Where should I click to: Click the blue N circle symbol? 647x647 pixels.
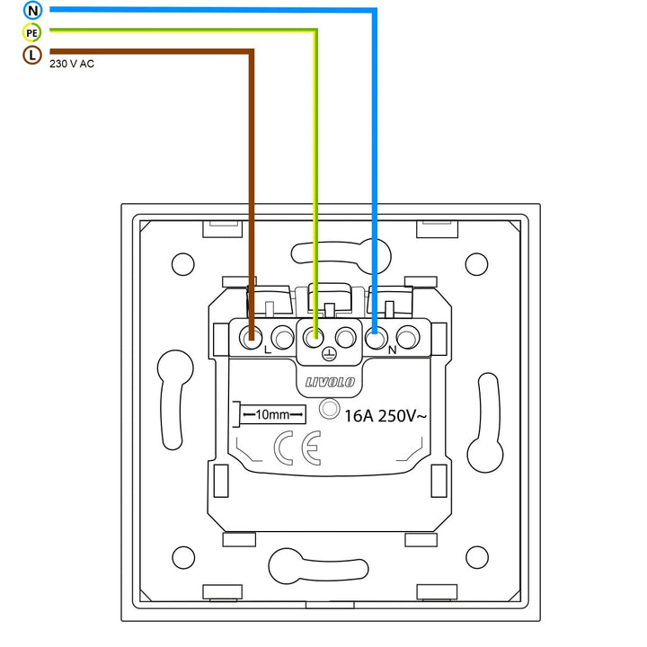(33, 11)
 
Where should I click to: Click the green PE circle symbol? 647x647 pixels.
(33, 33)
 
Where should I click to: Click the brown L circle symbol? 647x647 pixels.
(33, 56)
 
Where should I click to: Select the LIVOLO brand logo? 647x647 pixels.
(330, 383)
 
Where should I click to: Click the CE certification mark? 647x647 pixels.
(297, 448)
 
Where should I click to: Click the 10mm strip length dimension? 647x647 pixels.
(270, 414)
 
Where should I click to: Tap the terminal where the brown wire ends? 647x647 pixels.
(252, 339)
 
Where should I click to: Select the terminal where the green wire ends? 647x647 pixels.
(315, 339)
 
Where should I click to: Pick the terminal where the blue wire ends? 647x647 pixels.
(376, 339)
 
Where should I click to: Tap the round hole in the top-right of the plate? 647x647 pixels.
(476, 263)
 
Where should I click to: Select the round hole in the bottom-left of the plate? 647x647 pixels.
(182, 557)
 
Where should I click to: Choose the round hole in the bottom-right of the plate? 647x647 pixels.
(476, 557)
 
